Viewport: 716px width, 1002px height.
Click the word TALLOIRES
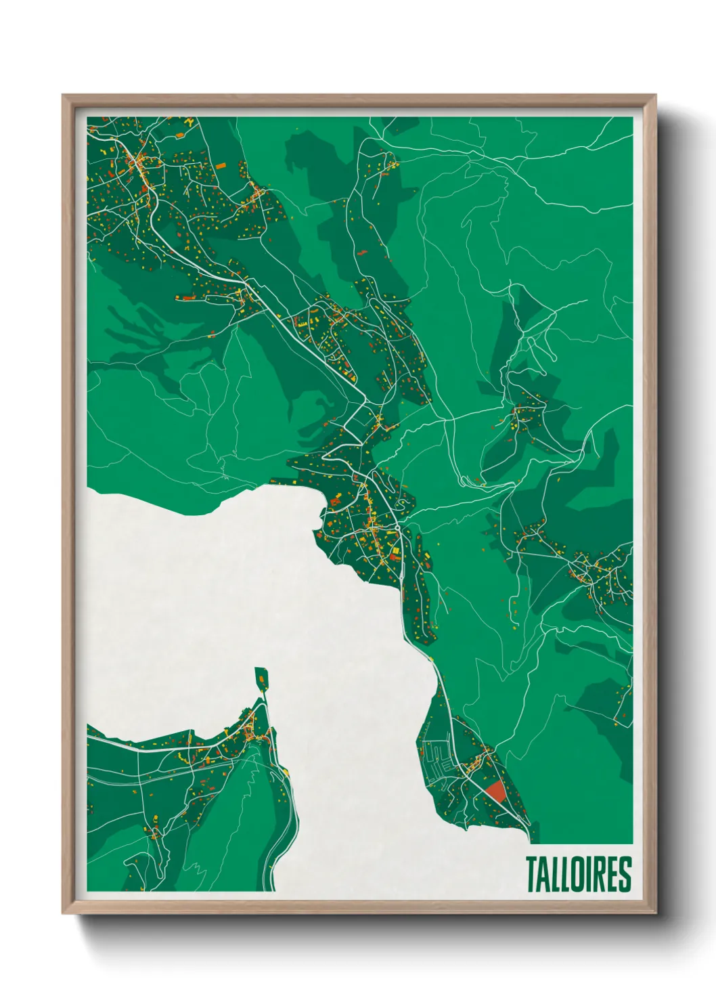click(x=578, y=874)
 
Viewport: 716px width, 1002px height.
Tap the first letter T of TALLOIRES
click(x=532, y=874)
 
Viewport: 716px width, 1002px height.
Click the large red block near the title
click(x=496, y=791)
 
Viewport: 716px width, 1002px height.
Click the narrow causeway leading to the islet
click(x=265, y=697)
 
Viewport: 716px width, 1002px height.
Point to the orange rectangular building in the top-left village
click(x=221, y=165)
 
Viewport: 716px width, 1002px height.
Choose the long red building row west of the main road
click(x=185, y=297)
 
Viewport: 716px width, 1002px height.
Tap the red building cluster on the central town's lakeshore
click(x=334, y=502)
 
